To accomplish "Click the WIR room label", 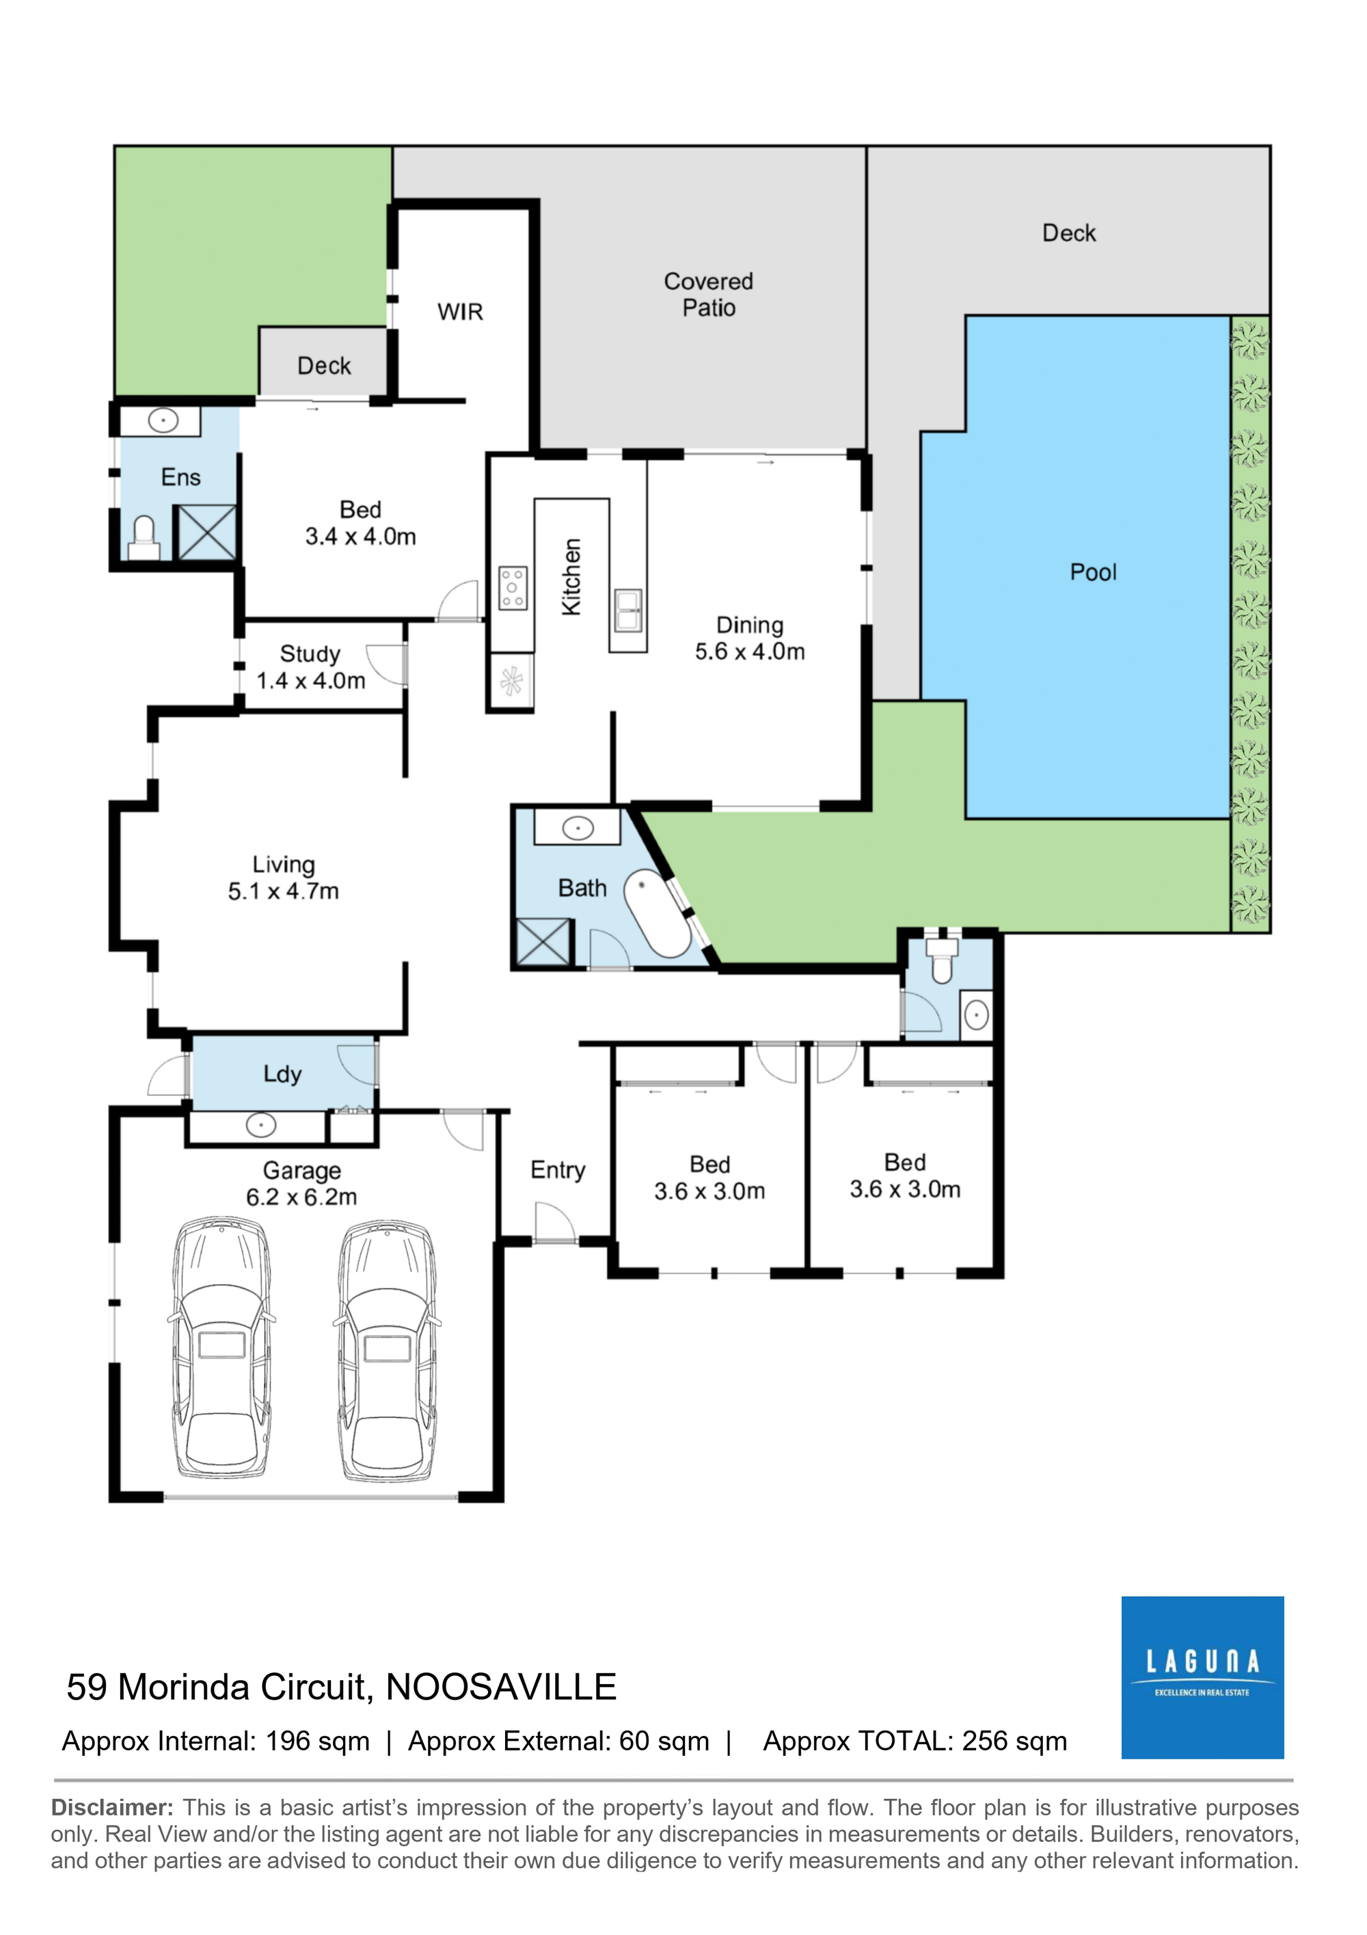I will [x=460, y=312].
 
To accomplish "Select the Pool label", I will [x=1093, y=572].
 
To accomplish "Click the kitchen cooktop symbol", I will [x=513, y=587].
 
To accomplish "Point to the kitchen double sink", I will [x=628, y=610].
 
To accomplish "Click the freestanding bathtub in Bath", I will [x=658, y=912].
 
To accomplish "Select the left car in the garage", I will [x=221, y=1348].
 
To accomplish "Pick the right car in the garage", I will [x=388, y=1349].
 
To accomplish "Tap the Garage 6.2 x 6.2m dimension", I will [x=301, y=1197].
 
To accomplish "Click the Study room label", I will [x=310, y=654].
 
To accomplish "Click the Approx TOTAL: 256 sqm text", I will [x=915, y=1741].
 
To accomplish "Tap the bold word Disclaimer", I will [x=112, y=1808].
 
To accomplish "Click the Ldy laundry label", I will [x=282, y=1074].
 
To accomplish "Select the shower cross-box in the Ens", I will [x=206, y=532].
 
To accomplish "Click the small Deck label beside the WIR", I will [x=323, y=366].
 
